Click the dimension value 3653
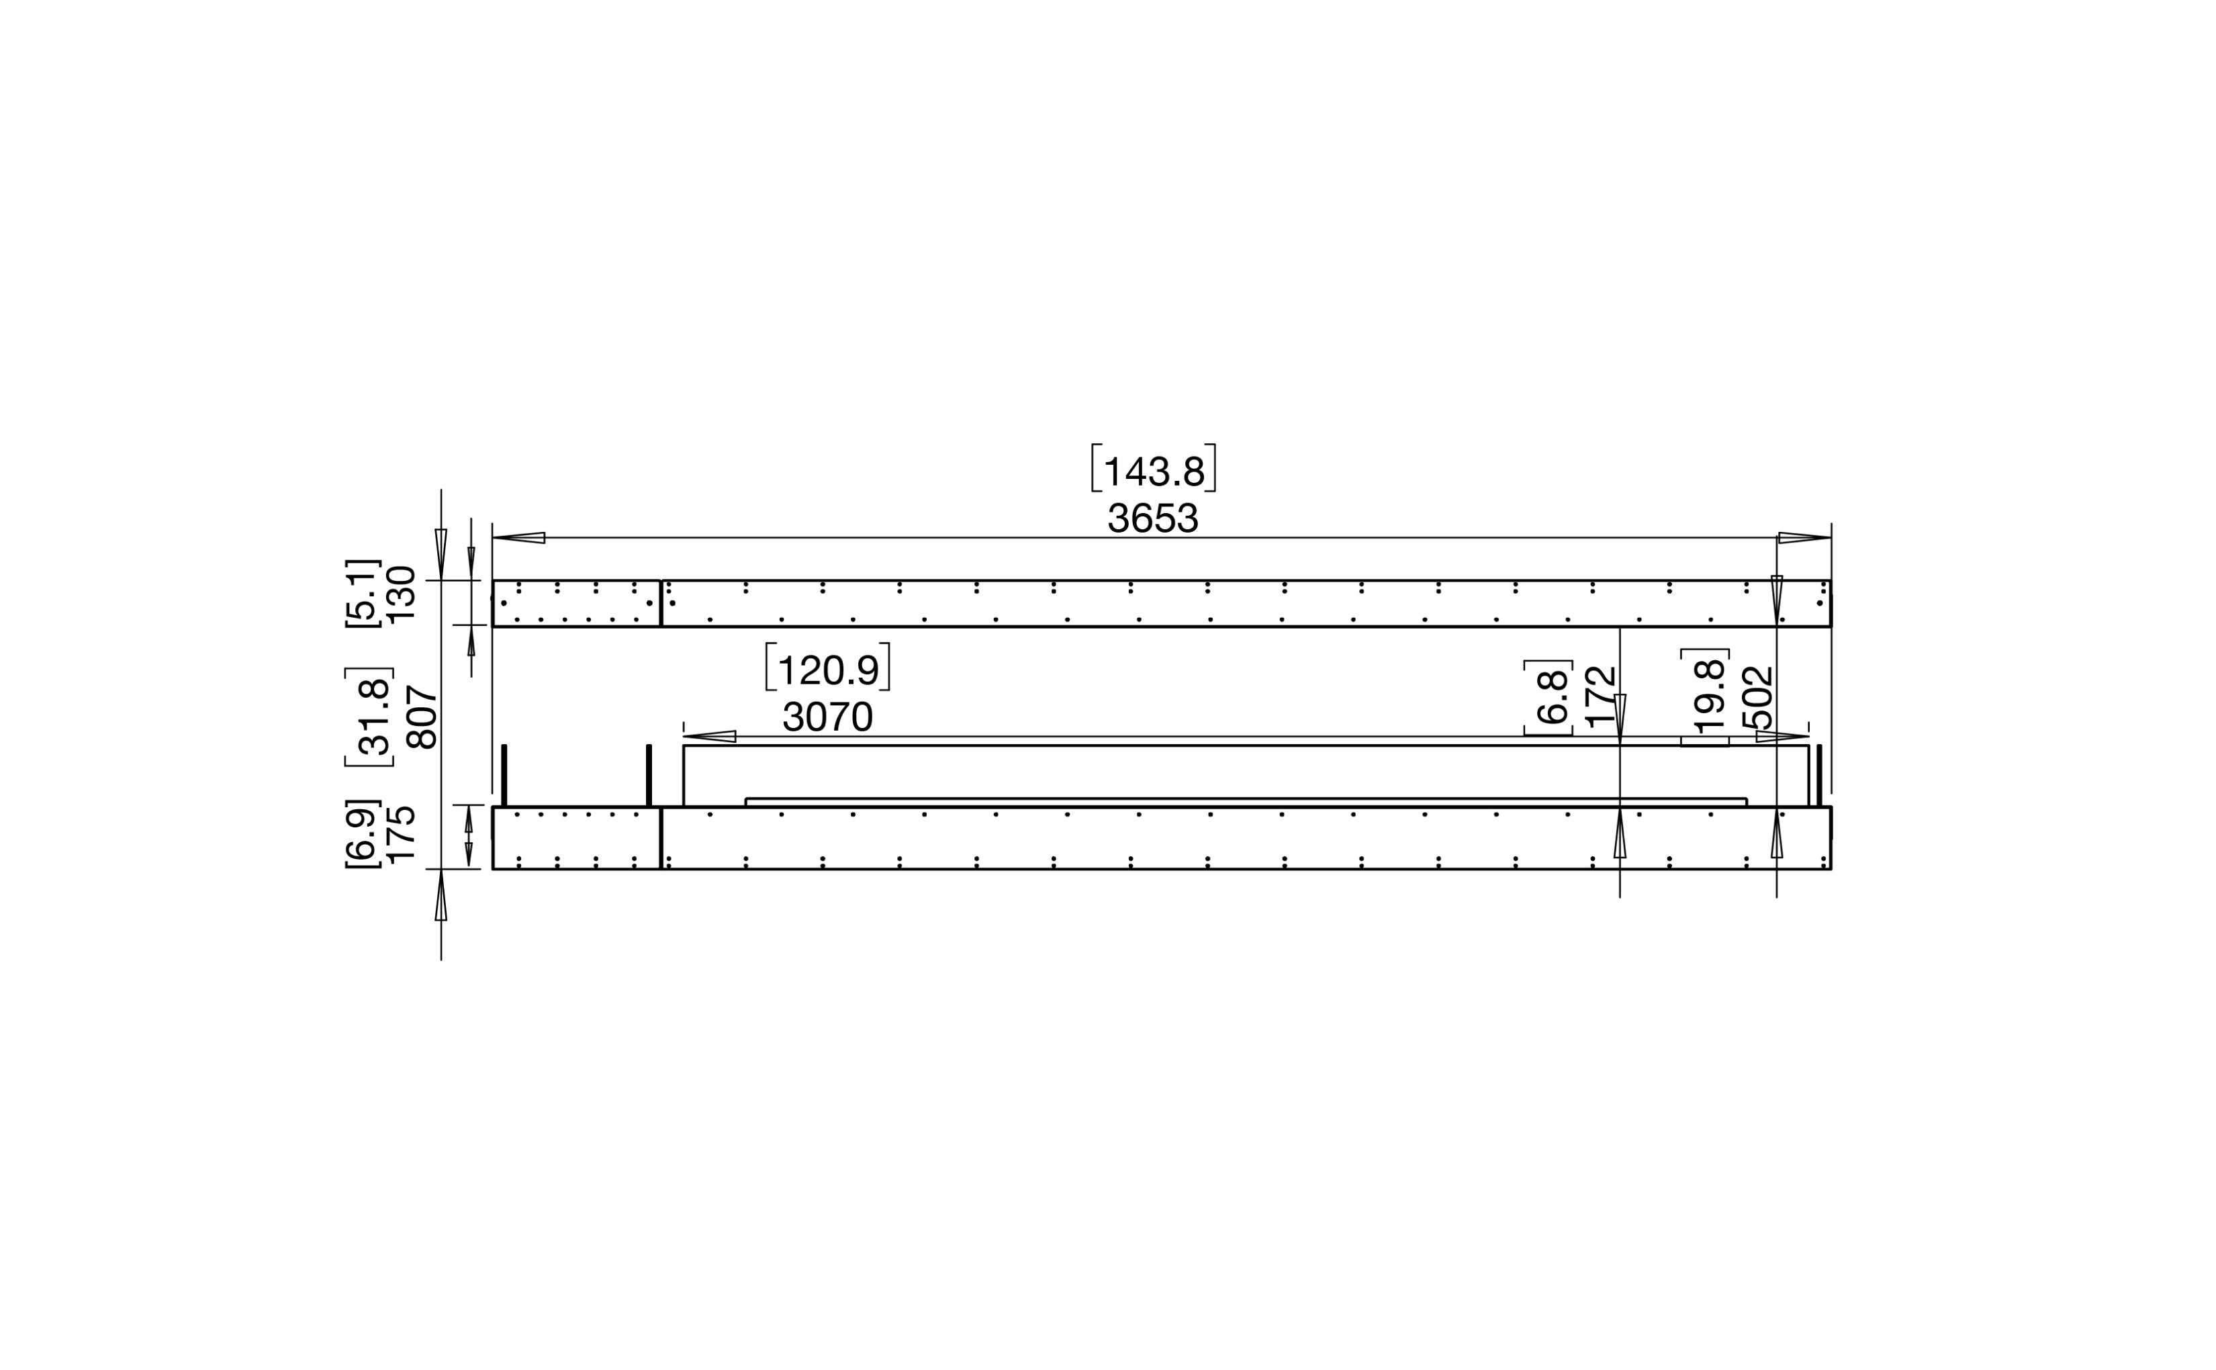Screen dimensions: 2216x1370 tap(1152, 518)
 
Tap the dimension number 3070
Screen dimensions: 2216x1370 tap(827, 717)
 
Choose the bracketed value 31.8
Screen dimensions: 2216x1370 tap(369, 717)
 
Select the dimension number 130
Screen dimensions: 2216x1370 tap(400, 594)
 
